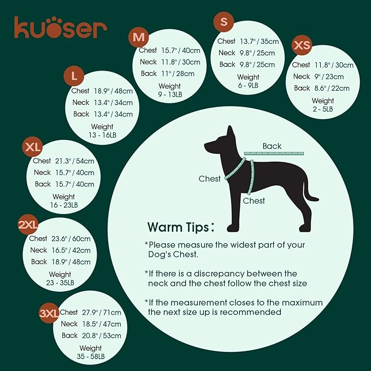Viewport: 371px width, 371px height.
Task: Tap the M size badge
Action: tap(139, 38)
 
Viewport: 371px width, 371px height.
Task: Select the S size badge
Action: tap(223, 22)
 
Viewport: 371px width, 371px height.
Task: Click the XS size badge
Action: tap(302, 45)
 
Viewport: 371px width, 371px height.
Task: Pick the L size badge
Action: tap(74, 74)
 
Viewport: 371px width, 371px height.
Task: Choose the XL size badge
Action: tap(33, 148)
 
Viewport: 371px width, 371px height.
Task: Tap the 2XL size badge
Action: tap(28, 225)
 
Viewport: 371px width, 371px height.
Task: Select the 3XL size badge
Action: tap(49, 313)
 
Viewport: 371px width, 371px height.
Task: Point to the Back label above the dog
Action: tap(272, 146)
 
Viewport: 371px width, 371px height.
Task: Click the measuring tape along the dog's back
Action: tap(273, 154)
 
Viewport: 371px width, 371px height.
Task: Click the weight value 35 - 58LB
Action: tap(90, 357)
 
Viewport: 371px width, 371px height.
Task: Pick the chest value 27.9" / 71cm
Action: tap(102, 313)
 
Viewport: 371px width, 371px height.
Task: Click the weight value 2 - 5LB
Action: tap(322, 109)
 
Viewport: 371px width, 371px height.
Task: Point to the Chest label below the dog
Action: tap(254, 201)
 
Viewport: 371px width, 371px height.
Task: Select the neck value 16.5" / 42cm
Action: tap(73, 250)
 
